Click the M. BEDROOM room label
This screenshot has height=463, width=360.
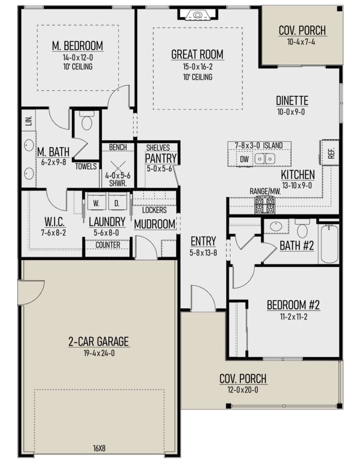tap(77, 46)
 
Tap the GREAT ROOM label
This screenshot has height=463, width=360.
tap(197, 54)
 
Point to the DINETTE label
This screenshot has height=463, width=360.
tap(292, 101)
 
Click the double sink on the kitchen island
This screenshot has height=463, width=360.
tap(265, 159)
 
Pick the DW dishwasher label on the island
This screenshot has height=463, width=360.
tap(244, 159)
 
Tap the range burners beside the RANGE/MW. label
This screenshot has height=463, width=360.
tap(265, 205)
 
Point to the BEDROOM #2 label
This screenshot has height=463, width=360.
tap(293, 305)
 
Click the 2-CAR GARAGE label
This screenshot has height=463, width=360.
tap(98, 342)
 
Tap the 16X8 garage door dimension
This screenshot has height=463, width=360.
tap(99, 448)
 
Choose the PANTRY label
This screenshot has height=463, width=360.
tap(160, 159)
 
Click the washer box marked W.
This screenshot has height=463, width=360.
tap(96, 204)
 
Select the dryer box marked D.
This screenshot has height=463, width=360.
tap(117, 204)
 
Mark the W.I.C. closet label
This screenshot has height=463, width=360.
tap(56, 222)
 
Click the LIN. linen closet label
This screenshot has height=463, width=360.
tap(28, 121)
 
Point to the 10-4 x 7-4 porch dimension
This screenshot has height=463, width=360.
tap(302, 41)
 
